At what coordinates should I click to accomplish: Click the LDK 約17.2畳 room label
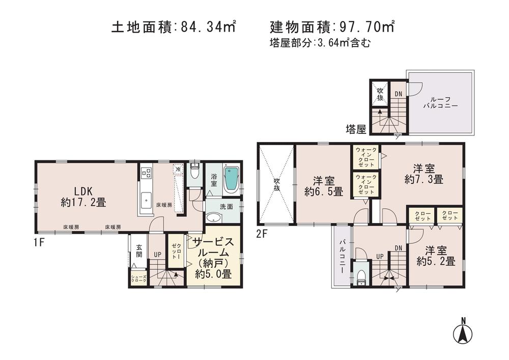(x=83, y=197)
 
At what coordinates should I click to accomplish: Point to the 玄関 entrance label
(x=138, y=252)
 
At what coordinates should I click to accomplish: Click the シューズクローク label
(x=138, y=279)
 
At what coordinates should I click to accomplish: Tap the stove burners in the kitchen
(x=146, y=173)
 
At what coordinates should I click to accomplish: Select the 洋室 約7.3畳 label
(x=423, y=174)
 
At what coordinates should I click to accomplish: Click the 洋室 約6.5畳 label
(x=324, y=186)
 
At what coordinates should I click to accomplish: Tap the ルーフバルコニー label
(x=440, y=103)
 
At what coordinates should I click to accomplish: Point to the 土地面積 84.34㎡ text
(x=173, y=27)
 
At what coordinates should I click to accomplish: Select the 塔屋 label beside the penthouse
(x=356, y=129)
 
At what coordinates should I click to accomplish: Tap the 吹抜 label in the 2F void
(x=276, y=184)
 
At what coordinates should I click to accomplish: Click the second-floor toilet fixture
(x=361, y=275)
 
